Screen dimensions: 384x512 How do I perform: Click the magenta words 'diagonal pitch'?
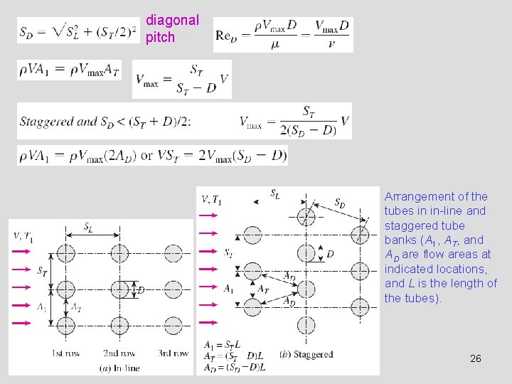(x=172, y=28)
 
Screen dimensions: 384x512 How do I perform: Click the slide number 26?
(x=476, y=358)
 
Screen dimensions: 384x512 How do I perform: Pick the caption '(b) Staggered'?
(x=306, y=354)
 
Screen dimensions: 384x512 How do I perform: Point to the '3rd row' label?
(x=173, y=353)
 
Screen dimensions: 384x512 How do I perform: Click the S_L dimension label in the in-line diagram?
(x=88, y=228)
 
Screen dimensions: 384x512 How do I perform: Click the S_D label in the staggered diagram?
(x=341, y=203)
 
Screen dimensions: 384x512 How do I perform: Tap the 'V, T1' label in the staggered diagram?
(x=212, y=200)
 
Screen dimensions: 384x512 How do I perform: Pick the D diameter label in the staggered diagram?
(x=330, y=254)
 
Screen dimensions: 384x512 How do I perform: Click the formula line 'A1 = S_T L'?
(x=223, y=345)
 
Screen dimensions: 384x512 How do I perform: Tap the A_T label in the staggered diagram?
(x=263, y=289)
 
